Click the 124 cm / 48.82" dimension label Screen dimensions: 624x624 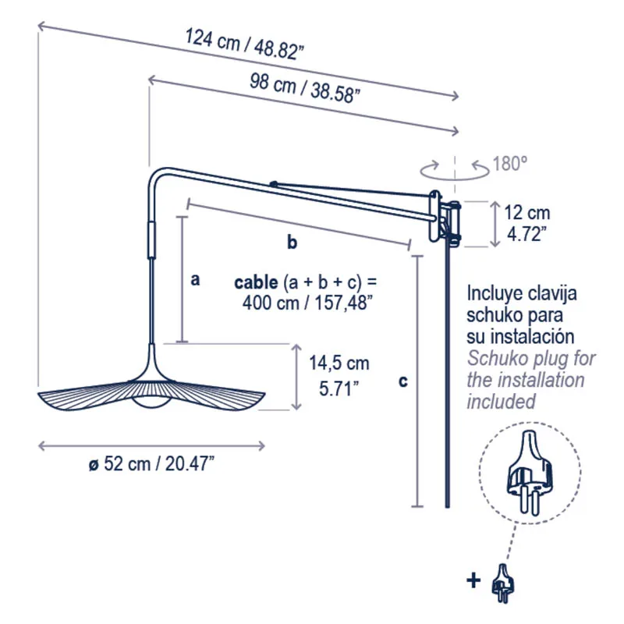click(244, 44)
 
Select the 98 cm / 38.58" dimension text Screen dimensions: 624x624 click(305, 88)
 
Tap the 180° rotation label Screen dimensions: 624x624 click(510, 163)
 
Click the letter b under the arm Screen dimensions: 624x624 click(292, 242)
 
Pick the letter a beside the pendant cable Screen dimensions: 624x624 click(195, 280)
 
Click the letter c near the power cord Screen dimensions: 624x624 click(403, 381)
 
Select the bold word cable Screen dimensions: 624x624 click(256, 282)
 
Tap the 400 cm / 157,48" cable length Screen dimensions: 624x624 click(307, 303)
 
